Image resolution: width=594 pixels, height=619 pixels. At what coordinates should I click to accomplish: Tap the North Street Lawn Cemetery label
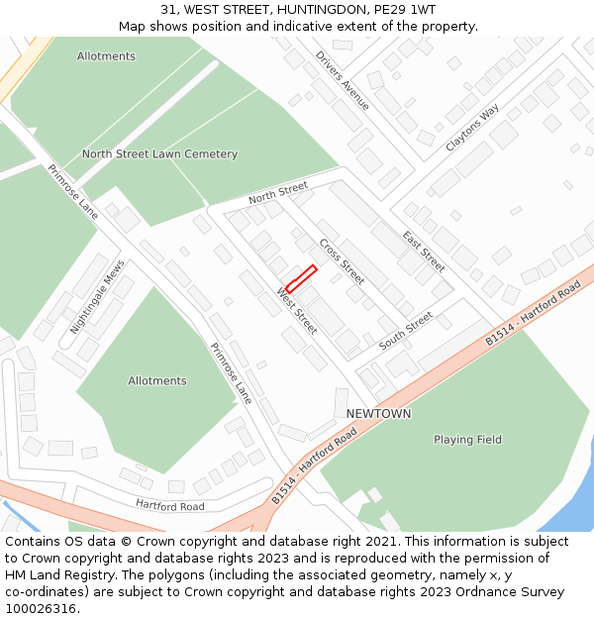159,155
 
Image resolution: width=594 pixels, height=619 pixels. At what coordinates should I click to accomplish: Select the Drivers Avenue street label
343,80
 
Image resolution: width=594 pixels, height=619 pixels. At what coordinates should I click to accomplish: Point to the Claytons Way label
472,128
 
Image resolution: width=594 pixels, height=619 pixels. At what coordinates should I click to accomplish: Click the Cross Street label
342,260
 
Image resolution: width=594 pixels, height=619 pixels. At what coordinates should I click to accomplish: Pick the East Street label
424,252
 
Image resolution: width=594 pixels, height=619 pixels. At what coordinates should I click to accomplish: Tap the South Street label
406,331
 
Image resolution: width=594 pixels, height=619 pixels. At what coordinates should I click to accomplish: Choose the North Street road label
278,193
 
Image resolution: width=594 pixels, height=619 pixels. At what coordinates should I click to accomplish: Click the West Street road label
297,311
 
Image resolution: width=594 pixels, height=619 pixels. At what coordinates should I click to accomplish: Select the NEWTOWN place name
378,413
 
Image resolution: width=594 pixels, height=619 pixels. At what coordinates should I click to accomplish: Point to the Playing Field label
467,440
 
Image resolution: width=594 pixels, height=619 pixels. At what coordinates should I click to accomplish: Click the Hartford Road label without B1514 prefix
170,506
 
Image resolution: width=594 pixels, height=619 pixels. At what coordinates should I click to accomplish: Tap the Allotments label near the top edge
106,56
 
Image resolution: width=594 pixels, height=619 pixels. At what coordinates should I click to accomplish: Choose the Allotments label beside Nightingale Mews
157,381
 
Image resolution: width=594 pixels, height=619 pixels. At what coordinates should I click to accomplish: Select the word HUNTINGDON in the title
296,9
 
